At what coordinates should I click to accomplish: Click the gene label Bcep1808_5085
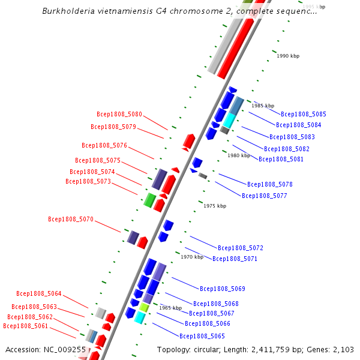304,114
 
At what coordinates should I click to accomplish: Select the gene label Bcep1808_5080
119,114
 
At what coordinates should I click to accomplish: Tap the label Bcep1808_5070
71,220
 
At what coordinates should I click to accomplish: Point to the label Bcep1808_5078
270,184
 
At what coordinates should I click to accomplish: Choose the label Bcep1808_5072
241,248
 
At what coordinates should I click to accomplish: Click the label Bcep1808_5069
223,289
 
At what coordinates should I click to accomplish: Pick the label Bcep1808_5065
202,336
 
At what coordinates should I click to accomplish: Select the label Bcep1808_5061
26,326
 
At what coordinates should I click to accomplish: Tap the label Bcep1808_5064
39,293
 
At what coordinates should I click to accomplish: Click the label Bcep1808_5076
104,145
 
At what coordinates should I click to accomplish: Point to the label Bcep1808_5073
88,181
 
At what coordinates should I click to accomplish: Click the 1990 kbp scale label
288,56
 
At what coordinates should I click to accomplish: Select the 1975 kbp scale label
215,206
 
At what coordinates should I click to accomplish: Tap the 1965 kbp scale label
170,308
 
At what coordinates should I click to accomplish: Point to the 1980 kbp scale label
239,155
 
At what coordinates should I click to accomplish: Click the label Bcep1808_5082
287,149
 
